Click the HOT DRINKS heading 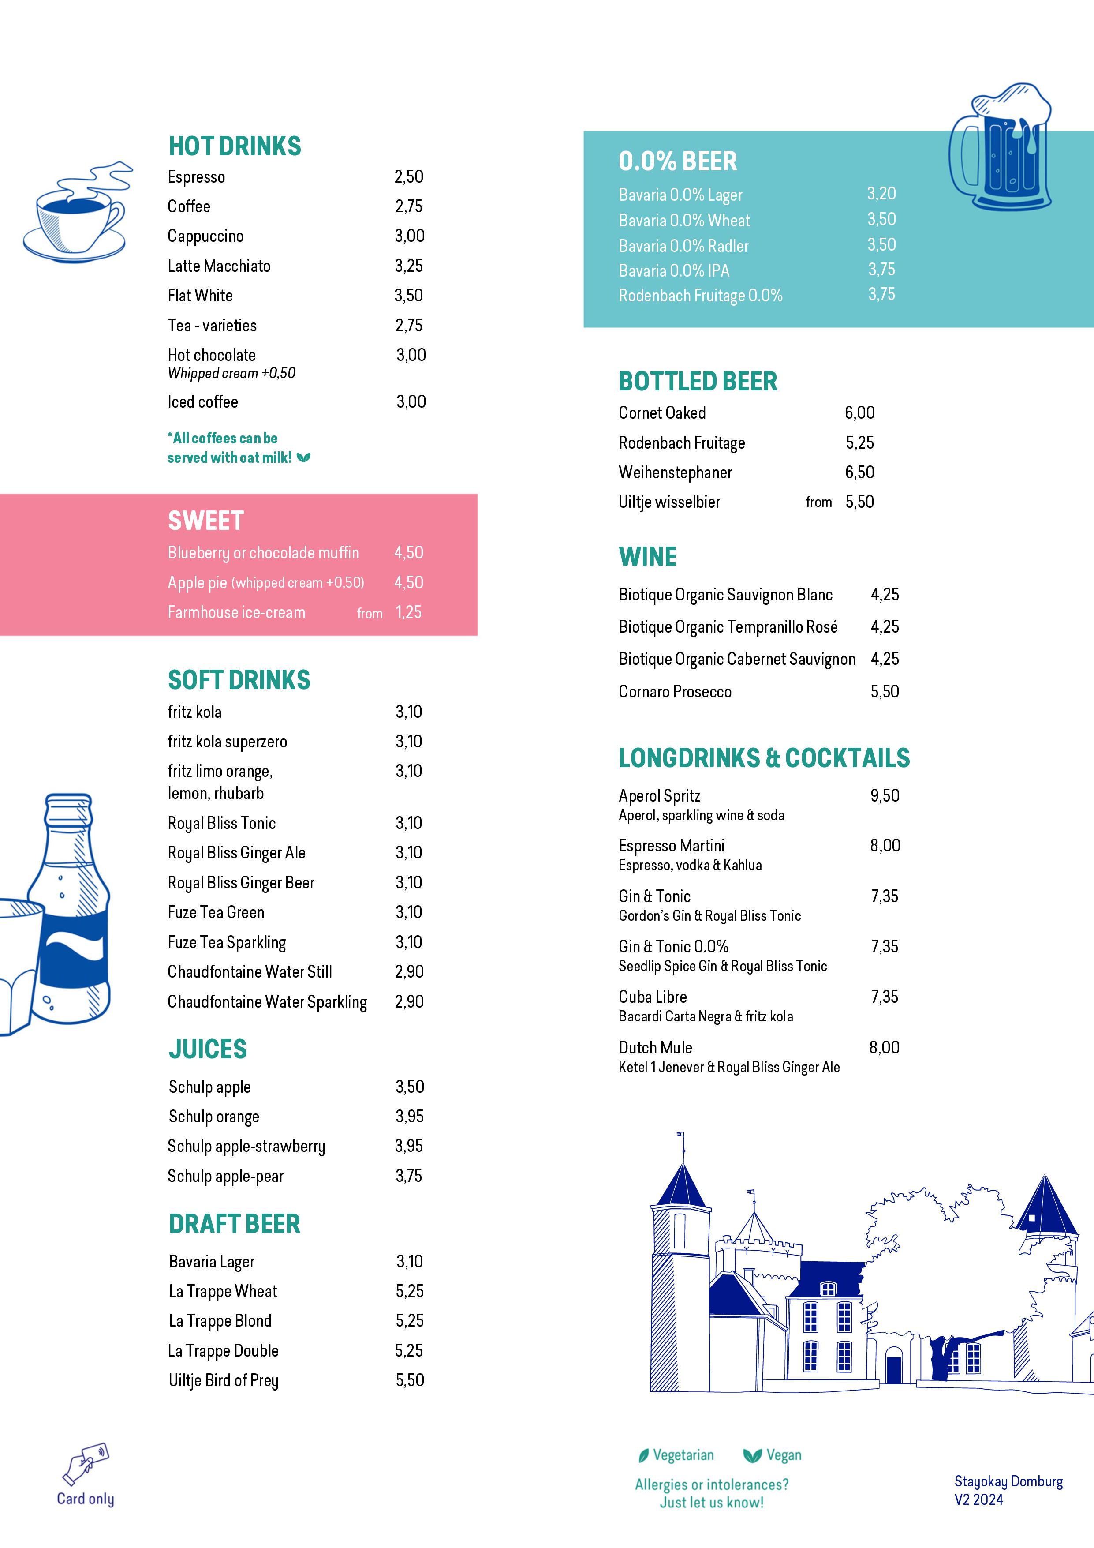point(235,146)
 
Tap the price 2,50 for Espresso point(408,177)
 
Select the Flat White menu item point(200,296)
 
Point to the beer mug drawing point(1001,147)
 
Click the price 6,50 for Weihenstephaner point(859,472)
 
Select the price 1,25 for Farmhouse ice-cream point(408,613)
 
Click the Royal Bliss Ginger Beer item point(241,883)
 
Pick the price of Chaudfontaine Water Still point(409,972)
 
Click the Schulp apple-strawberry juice point(246,1146)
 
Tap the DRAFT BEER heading point(235,1224)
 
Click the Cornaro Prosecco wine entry point(675,692)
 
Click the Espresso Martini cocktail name point(672,846)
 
